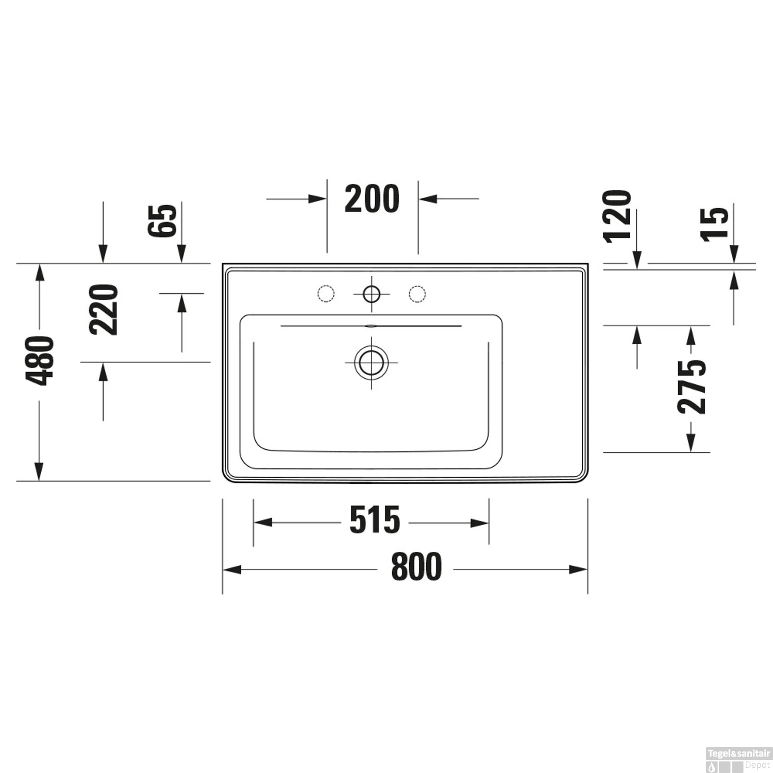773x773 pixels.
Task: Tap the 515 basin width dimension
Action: point(375,520)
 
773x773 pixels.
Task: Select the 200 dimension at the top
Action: point(372,199)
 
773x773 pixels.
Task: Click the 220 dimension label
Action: point(104,309)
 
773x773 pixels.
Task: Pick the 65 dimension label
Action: point(162,221)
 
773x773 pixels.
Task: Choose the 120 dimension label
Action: point(617,215)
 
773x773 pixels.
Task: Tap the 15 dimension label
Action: point(715,223)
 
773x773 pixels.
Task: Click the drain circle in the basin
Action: point(371,362)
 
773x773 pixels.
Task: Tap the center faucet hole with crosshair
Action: point(371,294)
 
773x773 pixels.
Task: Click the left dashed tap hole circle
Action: point(326,294)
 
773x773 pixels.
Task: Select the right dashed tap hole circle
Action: point(417,294)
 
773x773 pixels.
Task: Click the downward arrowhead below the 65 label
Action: point(181,255)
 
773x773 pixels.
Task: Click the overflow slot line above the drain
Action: point(371,326)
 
